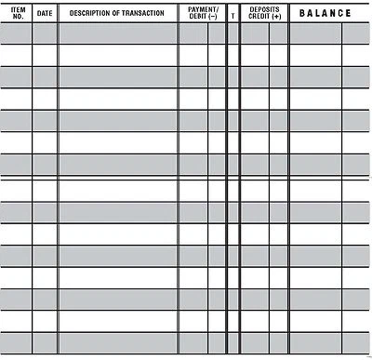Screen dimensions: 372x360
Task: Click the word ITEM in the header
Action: click(16, 9)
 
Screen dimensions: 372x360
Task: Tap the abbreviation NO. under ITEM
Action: click(16, 18)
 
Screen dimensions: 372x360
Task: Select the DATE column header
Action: click(45, 14)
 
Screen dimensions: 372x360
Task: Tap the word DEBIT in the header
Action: click(198, 18)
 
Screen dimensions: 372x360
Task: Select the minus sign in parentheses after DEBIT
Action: click(214, 18)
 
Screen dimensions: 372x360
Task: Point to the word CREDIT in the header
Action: click(259, 18)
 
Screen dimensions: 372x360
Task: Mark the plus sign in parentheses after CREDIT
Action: click(276, 18)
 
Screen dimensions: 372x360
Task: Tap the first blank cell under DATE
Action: click(45, 33)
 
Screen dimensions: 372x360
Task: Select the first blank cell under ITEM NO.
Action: click(16, 33)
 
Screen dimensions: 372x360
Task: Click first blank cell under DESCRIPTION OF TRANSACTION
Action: click(117, 33)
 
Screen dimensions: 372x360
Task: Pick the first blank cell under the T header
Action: click(232, 33)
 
